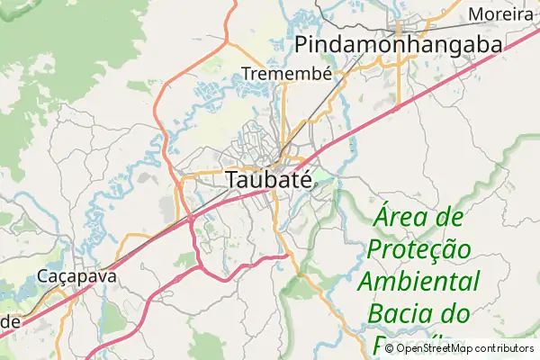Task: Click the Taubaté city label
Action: pyautogui.click(x=268, y=179)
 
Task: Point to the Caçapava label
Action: pyautogui.click(x=77, y=276)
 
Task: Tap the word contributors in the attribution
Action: pyautogui.click(x=505, y=348)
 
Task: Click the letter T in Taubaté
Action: pyautogui.click(x=232, y=179)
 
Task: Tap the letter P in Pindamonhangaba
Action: pyautogui.click(x=302, y=44)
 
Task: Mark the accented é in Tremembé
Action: pyautogui.click(x=327, y=72)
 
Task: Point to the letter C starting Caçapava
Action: pyautogui.click(x=44, y=276)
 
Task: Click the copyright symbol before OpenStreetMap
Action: pyautogui.click(x=390, y=348)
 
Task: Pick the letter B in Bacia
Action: pyautogui.click(x=375, y=314)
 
